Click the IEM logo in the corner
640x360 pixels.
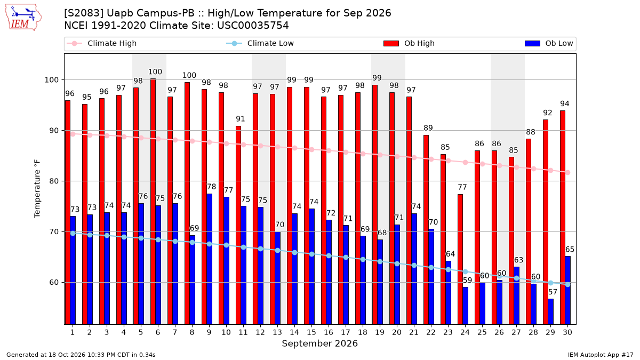click(x=23, y=18)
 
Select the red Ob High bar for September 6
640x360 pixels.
click(x=153, y=202)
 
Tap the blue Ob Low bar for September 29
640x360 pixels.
click(x=550, y=311)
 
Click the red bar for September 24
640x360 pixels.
click(x=460, y=259)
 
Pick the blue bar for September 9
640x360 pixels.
click(x=209, y=259)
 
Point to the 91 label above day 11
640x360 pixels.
click(x=241, y=119)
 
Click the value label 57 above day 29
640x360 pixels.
click(x=553, y=292)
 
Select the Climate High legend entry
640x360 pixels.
click(x=101, y=43)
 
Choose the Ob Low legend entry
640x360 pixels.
click(x=549, y=43)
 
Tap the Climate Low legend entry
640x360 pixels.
click(x=260, y=43)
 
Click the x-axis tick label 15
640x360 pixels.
click(x=311, y=332)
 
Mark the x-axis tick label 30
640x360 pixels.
click(x=567, y=332)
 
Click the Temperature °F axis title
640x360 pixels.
click(x=37, y=189)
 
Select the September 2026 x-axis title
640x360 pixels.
click(x=319, y=343)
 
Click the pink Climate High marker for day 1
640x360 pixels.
click(x=73, y=134)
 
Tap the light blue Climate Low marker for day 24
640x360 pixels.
click(x=466, y=271)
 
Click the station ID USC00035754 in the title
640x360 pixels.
click(x=253, y=26)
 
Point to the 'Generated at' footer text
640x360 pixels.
click(x=81, y=355)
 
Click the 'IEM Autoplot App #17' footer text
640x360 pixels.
click(x=601, y=355)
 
